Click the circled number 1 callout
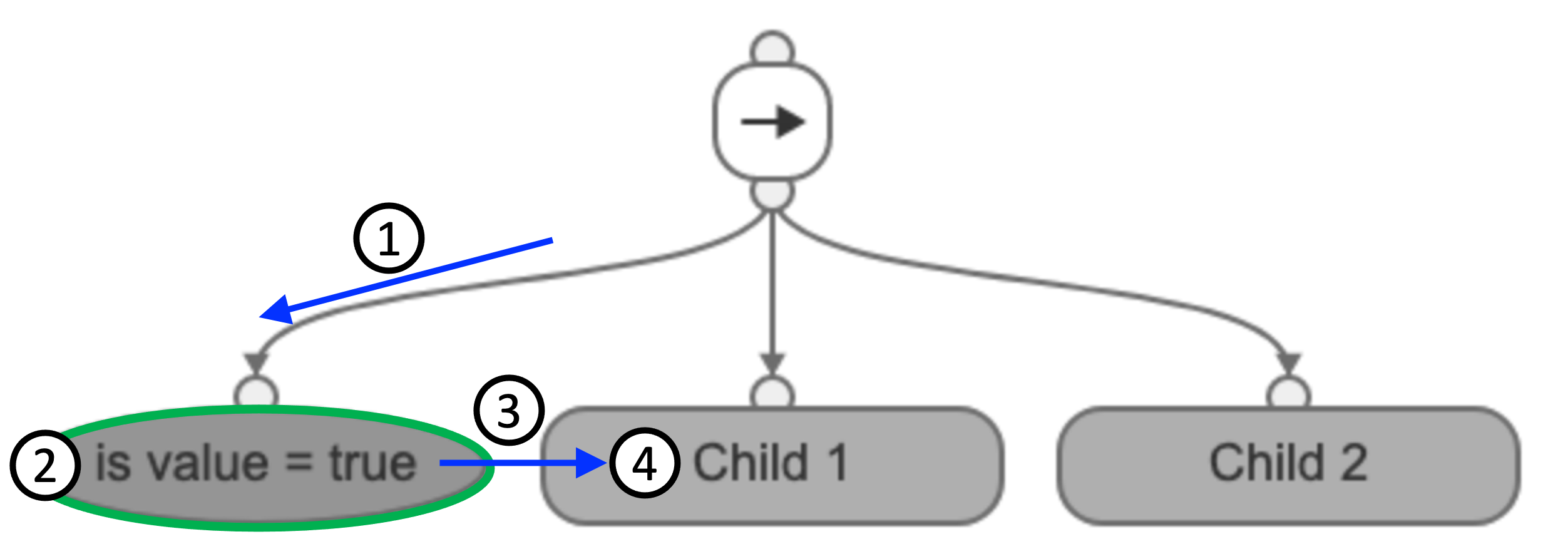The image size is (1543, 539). (389, 239)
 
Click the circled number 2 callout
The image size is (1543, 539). (46, 465)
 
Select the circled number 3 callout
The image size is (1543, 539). (509, 411)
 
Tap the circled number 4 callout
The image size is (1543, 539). (644, 463)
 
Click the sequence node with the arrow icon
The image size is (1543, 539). (772, 122)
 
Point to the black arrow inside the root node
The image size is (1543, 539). (772, 122)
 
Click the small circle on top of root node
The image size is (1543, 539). (772, 49)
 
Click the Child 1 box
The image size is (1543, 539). (814, 466)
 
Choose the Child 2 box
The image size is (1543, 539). (1288, 466)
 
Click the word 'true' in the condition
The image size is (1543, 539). (373, 464)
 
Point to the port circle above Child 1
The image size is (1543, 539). (772, 394)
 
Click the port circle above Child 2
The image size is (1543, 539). (1288, 394)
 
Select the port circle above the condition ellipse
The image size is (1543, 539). (256, 394)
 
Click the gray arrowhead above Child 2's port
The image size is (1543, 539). (1288, 363)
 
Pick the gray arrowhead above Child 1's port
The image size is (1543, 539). (772, 363)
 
